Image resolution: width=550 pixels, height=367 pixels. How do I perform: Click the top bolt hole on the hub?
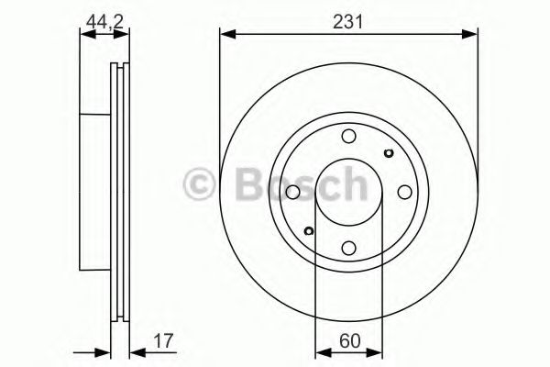pos(348,137)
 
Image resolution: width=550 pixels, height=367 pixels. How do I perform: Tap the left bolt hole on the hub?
pos(292,193)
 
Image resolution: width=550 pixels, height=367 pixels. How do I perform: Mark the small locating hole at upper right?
pos(388,153)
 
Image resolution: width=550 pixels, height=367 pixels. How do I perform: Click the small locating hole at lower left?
pos(309,231)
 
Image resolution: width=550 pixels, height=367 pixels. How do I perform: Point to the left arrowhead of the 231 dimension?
pos(225,35)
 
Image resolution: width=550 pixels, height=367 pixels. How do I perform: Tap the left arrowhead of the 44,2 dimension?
pos(86,35)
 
